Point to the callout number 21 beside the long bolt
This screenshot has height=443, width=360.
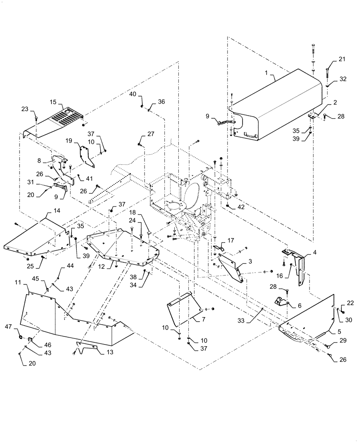click(341, 59)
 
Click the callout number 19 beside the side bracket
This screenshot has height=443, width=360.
click(69, 140)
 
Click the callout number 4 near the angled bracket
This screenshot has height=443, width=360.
click(314, 253)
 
